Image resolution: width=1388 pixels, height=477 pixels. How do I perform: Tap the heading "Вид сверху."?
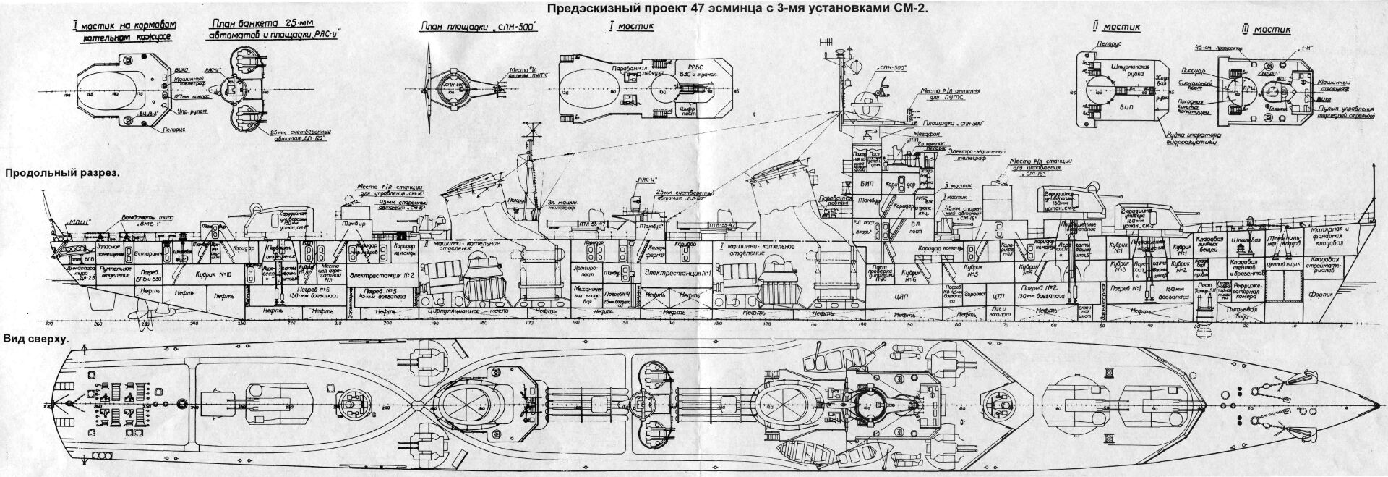pos(36,339)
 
